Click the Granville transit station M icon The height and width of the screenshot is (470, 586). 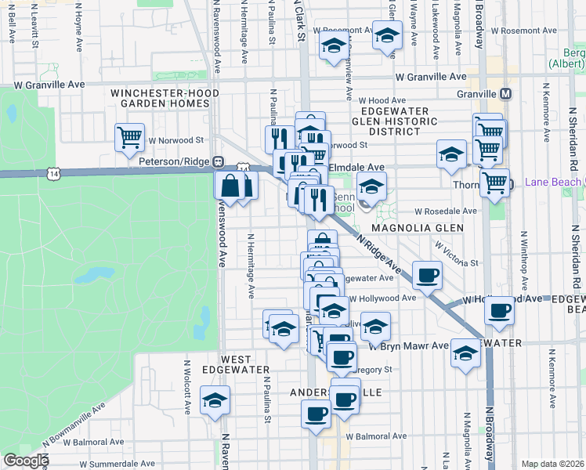(506, 93)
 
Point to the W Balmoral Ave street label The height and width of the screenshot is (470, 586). (378, 436)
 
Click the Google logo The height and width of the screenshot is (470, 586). (25, 461)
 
